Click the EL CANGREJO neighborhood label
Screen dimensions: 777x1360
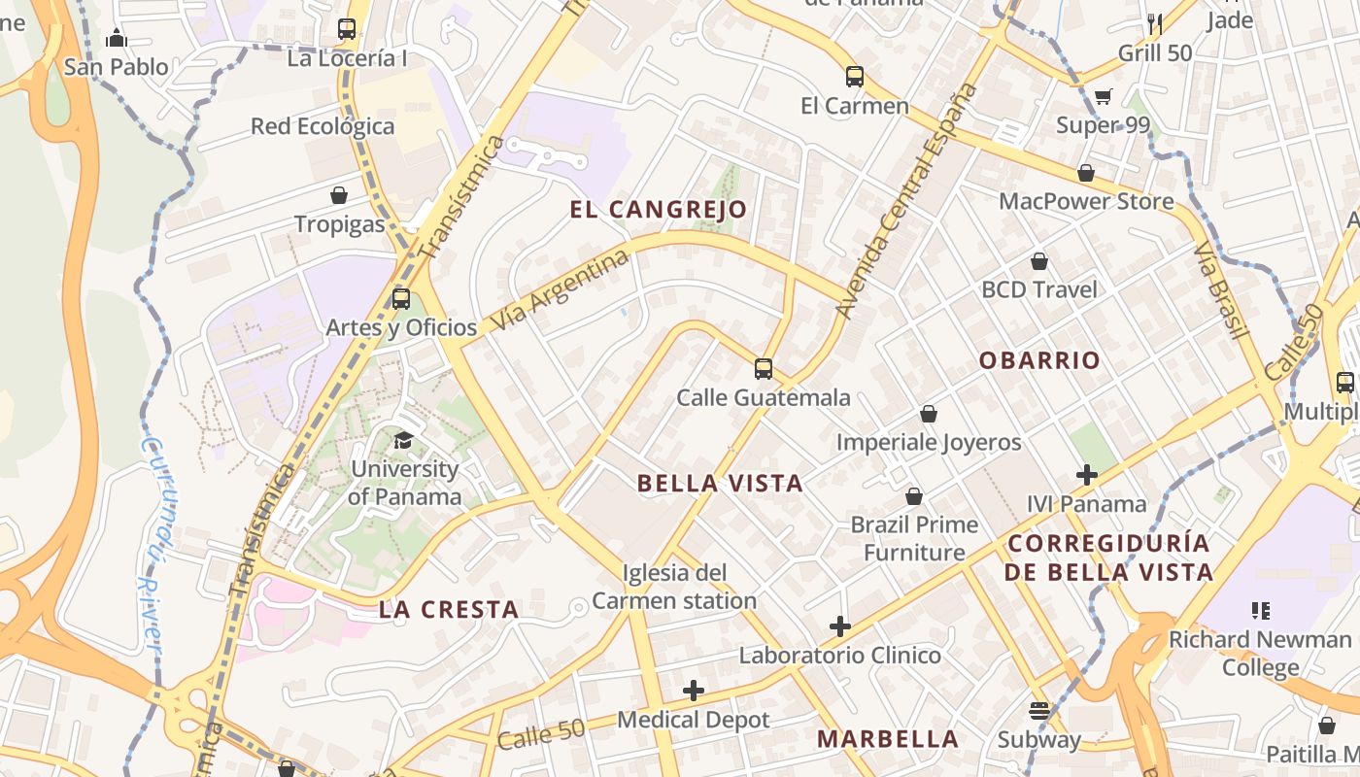click(x=659, y=210)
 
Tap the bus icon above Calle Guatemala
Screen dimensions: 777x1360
click(x=764, y=369)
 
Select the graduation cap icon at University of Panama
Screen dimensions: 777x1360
click(x=404, y=440)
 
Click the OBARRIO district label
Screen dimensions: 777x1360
click(x=1039, y=360)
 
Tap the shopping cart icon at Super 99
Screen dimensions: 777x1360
click(x=1103, y=96)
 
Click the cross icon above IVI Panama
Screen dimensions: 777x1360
click(x=1087, y=475)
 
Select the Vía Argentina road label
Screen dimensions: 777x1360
click(x=561, y=289)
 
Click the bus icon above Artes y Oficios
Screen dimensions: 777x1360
click(x=401, y=299)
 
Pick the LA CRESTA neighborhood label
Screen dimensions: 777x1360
click(x=449, y=610)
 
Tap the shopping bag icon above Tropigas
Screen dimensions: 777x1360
click(x=339, y=196)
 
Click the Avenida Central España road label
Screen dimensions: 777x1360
click(x=905, y=201)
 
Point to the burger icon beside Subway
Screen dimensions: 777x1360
click(x=1039, y=711)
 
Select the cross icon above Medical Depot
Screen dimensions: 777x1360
click(x=694, y=691)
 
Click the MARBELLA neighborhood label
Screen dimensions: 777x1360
click(x=888, y=739)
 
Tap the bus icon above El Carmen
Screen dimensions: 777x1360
click(x=855, y=77)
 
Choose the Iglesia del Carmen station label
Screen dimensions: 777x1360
click(x=674, y=587)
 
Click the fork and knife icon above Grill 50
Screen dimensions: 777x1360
click(x=1155, y=23)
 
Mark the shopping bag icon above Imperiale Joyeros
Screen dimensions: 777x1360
click(x=929, y=414)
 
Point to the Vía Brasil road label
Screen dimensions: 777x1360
click(x=1220, y=288)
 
